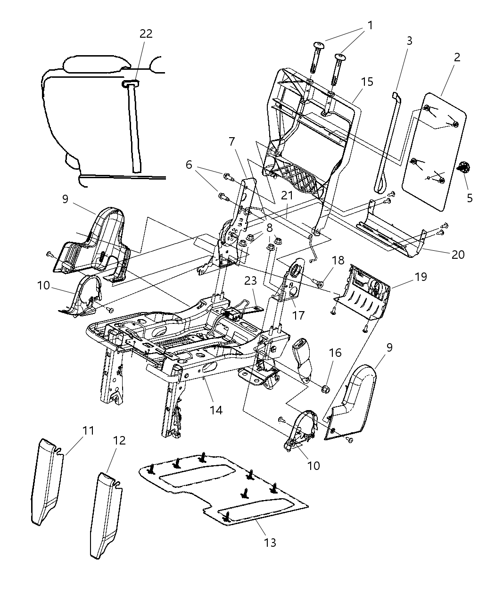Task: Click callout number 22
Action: [146, 33]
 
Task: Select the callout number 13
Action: [270, 543]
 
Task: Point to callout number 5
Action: [470, 198]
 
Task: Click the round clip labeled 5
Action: [464, 167]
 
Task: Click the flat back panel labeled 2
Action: [434, 151]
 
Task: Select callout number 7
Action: [231, 141]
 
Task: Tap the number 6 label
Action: [189, 164]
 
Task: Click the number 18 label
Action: [338, 260]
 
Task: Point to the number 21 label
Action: [287, 195]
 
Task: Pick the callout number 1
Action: [370, 25]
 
